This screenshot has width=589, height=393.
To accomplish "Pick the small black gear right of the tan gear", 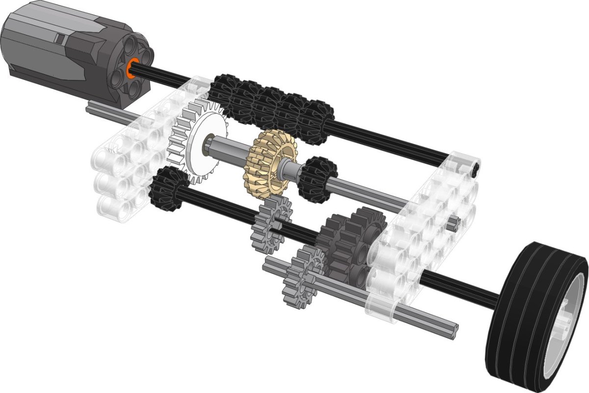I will click(317, 179).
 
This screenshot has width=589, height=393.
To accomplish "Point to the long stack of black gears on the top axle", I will click(270, 108).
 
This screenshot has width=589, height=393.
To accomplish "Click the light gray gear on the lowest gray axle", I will click(302, 275).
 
